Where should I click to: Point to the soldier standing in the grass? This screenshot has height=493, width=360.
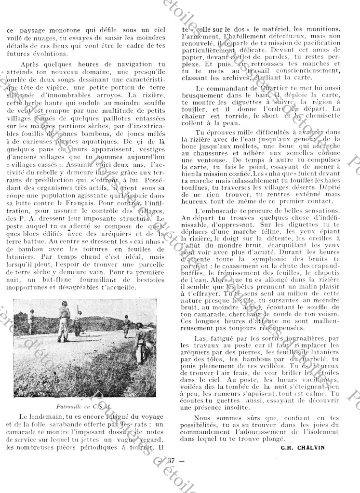pos(139,343)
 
